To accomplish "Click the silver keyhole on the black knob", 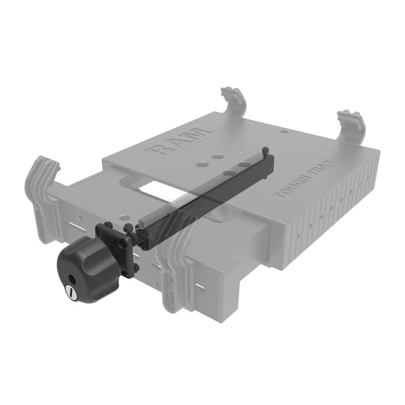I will point(70,289).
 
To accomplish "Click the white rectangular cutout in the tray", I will point(158,187).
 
